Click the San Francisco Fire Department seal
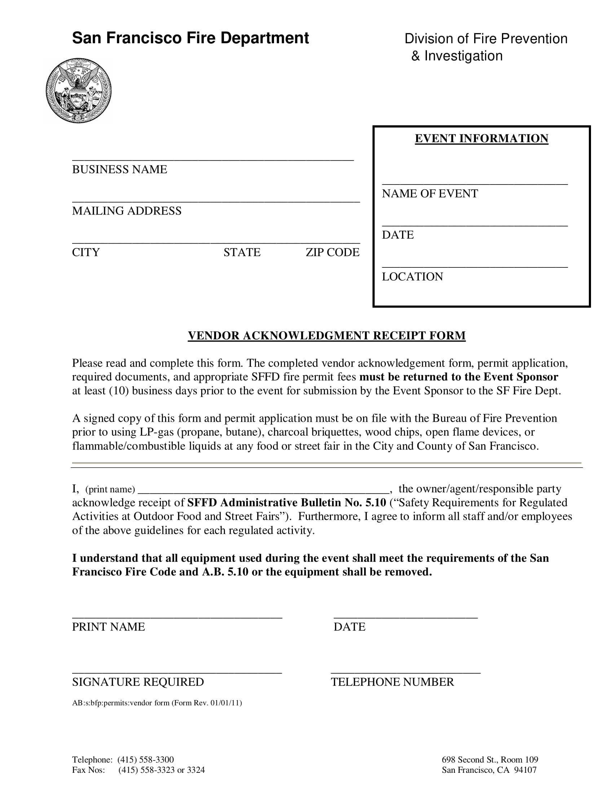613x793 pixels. [79, 90]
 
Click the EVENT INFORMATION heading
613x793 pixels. [481, 138]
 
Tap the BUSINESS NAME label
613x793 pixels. [119, 169]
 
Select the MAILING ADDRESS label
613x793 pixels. [126, 211]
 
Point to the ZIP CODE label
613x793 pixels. [332, 252]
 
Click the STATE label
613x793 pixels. [242, 252]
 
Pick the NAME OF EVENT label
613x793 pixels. [429, 193]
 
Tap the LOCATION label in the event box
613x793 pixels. [412, 276]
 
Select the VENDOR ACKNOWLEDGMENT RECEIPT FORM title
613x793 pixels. [326, 335]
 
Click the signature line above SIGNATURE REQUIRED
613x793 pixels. [177, 672]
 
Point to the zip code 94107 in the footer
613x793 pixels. [525, 770]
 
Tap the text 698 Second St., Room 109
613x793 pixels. [490, 759]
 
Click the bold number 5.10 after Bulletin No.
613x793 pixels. [375, 502]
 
